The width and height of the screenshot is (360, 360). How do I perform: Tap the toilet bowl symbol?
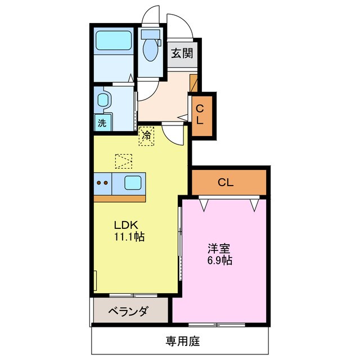150,49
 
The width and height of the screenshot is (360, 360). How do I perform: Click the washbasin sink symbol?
103,101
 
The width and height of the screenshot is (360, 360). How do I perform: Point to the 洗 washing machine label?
102,124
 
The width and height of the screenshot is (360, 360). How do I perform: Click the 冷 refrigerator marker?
146,136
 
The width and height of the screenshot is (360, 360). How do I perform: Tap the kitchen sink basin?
133,182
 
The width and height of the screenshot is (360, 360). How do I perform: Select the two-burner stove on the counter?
102,182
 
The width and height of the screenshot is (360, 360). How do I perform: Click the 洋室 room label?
218,248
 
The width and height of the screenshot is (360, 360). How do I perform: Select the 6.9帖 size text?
218,260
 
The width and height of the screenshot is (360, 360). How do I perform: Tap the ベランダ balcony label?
129,311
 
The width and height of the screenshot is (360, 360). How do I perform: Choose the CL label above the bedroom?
226,182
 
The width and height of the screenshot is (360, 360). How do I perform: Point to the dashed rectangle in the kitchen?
123,161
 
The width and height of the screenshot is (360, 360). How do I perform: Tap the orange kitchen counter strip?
120,198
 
